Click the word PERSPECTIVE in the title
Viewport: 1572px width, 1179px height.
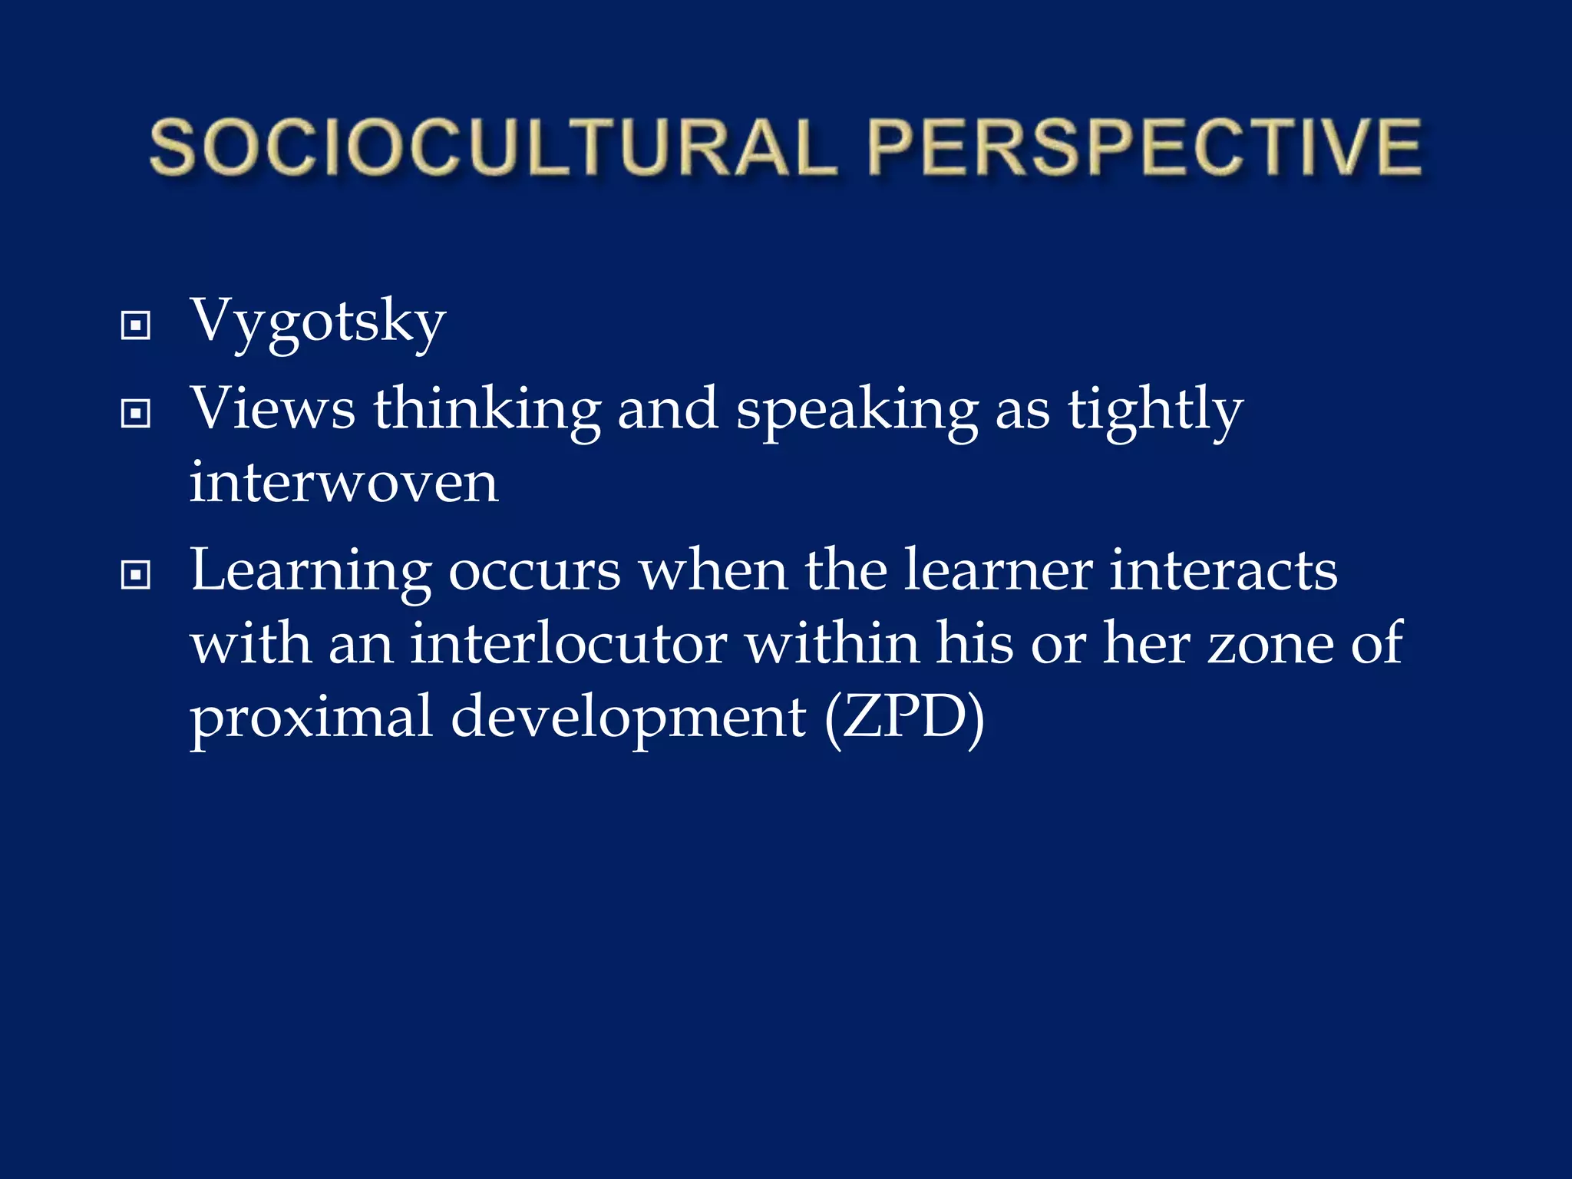pos(1144,147)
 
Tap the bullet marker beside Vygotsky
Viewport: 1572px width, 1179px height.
pos(136,325)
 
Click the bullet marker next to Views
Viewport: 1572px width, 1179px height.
pos(136,414)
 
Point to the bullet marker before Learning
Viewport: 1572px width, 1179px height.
pos(136,574)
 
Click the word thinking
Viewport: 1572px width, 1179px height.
pos(487,410)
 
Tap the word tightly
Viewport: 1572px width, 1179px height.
pos(1155,410)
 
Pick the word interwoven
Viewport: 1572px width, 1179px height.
pos(344,483)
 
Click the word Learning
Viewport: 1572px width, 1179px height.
pos(311,571)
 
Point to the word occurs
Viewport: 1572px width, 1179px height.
pos(534,571)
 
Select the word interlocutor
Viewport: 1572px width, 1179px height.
pos(568,643)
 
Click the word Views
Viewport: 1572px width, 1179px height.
pos(273,408)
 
